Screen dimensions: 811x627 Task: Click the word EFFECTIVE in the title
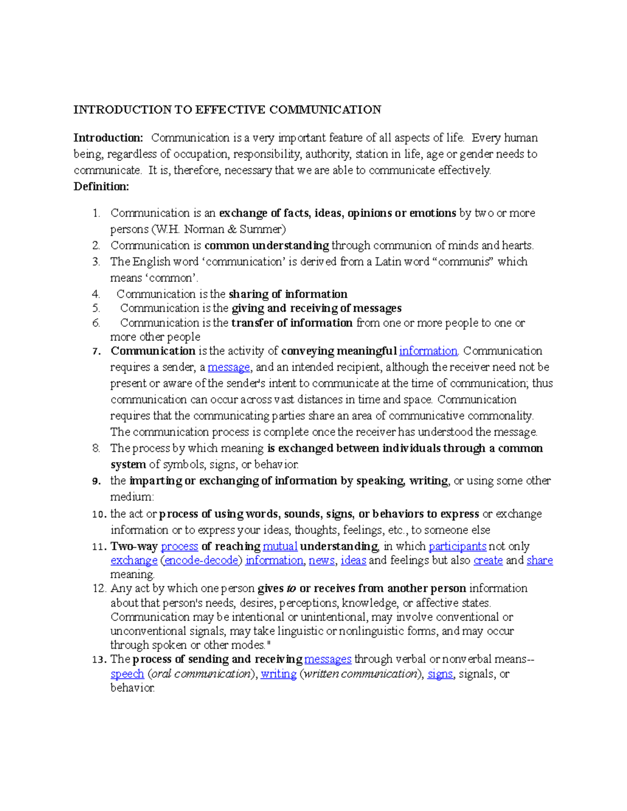230,110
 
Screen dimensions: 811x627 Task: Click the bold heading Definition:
101,186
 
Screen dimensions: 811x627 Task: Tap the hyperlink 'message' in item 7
229,367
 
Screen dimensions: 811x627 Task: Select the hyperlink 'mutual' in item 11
280,546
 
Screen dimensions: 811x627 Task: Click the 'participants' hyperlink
457,546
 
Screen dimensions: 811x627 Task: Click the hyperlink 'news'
321,560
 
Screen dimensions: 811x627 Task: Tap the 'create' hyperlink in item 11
488,560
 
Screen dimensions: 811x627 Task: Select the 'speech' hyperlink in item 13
127,674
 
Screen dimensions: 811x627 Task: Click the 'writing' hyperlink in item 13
278,674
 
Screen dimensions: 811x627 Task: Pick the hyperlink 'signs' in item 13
440,674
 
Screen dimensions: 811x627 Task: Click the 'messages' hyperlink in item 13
328,659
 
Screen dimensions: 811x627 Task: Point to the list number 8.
96,448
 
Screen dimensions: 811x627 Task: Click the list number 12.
99,589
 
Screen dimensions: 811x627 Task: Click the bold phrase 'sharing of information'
288,294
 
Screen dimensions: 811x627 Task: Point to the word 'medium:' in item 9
132,497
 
